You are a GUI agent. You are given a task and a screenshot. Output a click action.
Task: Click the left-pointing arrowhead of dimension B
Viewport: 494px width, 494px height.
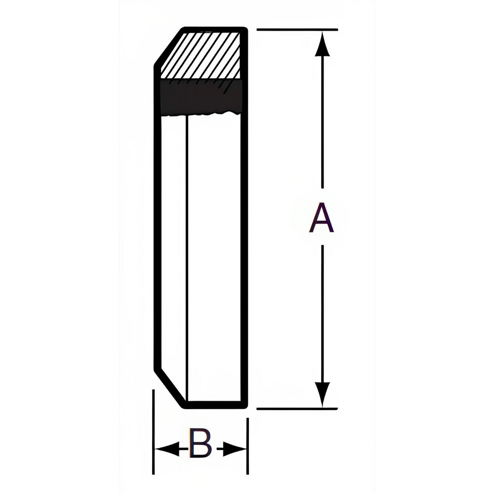pyautogui.click(x=165, y=449)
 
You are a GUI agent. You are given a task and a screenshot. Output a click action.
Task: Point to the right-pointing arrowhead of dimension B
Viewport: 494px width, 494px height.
pyautogui.click(x=236, y=449)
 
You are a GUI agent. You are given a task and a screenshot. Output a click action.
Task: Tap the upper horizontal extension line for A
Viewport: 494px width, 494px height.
pyautogui.click(x=296, y=30)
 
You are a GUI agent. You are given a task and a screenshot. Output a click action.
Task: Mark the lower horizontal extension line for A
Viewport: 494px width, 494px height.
pyautogui.click(x=296, y=409)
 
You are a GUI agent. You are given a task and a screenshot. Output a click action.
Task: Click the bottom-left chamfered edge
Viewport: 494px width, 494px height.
pyautogui.click(x=170, y=388)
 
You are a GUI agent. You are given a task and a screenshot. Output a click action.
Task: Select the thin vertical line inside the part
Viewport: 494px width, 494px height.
pyautogui.click(x=187, y=257)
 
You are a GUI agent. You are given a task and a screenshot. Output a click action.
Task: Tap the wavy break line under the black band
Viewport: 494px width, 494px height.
pyautogui.click(x=207, y=115)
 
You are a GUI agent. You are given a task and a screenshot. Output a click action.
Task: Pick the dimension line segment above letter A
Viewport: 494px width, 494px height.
pyautogui.click(x=323, y=123)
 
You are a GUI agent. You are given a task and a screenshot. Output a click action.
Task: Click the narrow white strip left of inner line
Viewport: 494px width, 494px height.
pyautogui.click(x=174, y=247)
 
